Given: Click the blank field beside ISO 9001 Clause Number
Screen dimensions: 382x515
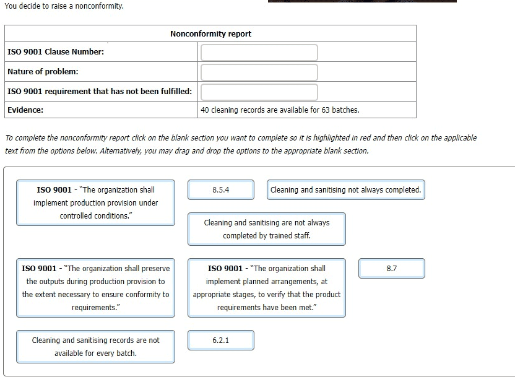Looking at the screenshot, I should click(x=259, y=53).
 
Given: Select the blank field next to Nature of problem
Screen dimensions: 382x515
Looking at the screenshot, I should click(x=259, y=72).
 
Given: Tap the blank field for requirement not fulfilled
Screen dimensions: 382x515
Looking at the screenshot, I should click(x=259, y=92).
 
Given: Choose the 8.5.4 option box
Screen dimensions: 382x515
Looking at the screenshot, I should click(x=221, y=190).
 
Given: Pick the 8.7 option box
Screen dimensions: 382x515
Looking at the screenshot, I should click(x=391, y=269).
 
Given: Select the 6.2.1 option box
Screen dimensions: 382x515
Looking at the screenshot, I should click(x=221, y=341).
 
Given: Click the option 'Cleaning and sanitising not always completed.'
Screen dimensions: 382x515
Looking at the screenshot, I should click(x=346, y=190).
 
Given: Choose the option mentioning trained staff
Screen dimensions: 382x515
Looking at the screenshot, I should click(x=267, y=229).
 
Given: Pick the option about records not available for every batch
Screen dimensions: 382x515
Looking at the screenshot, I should click(x=95, y=347).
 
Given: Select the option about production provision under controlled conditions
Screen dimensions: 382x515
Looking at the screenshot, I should click(x=95, y=202).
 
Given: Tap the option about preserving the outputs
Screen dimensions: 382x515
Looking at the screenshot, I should click(x=95, y=288).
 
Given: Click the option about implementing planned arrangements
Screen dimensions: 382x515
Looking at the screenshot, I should click(x=267, y=288).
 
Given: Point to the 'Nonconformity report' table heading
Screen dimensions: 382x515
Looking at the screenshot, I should click(x=210, y=34).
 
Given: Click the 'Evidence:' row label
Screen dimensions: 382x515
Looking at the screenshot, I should click(x=25, y=110).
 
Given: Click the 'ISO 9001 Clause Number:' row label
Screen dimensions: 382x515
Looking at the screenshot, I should click(x=56, y=52).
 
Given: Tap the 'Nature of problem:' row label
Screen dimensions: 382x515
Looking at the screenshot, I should click(x=43, y=72).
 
